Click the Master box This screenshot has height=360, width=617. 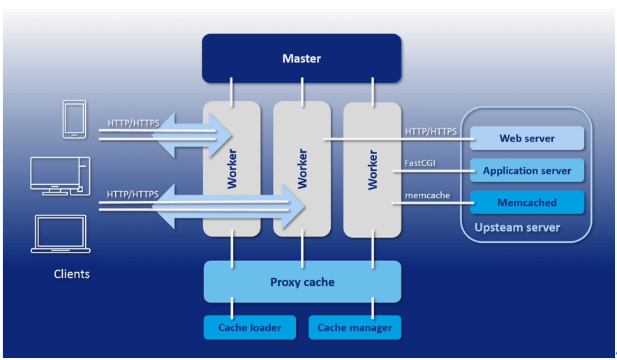pyautogui.click(x=302, y=58)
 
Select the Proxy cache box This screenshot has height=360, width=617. pyautogui.click(x=302, y=282)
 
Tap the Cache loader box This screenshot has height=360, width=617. pyautogui.click(x=250, y=327)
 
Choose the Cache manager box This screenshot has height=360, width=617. pyautogui.click(x=355, y=327)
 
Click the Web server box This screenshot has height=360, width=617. pyautogui.click(x=527, y=138)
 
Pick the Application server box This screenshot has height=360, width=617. pyautogui.click(x=527, y=170)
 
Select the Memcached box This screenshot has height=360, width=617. pyautogui.click(x=527, y=202)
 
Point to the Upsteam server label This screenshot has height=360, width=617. pyautogui.click(x=517, y=227)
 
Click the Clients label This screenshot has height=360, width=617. pyautogui.click(x=72, y=274)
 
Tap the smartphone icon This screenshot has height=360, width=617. pyautogui.click(x=74, y=119)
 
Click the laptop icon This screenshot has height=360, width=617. pyautogui.click(x=61, y=234)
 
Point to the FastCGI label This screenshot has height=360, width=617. pyautogui.click(x=419, y=164)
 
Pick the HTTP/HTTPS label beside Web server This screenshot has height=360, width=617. pyautogui.click(x=431, y=131)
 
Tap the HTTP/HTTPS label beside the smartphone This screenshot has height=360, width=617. pyautogui.click(x=133, y=123)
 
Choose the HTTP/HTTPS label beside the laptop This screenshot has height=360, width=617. pyautogui.click(x=133, y=194)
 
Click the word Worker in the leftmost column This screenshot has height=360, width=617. pyautogui.click(x=232, y=168)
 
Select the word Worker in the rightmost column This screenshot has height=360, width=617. pyautogui.click(x=373, y=170)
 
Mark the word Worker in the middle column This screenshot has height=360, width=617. pyautogui.click(x=302, y=168)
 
